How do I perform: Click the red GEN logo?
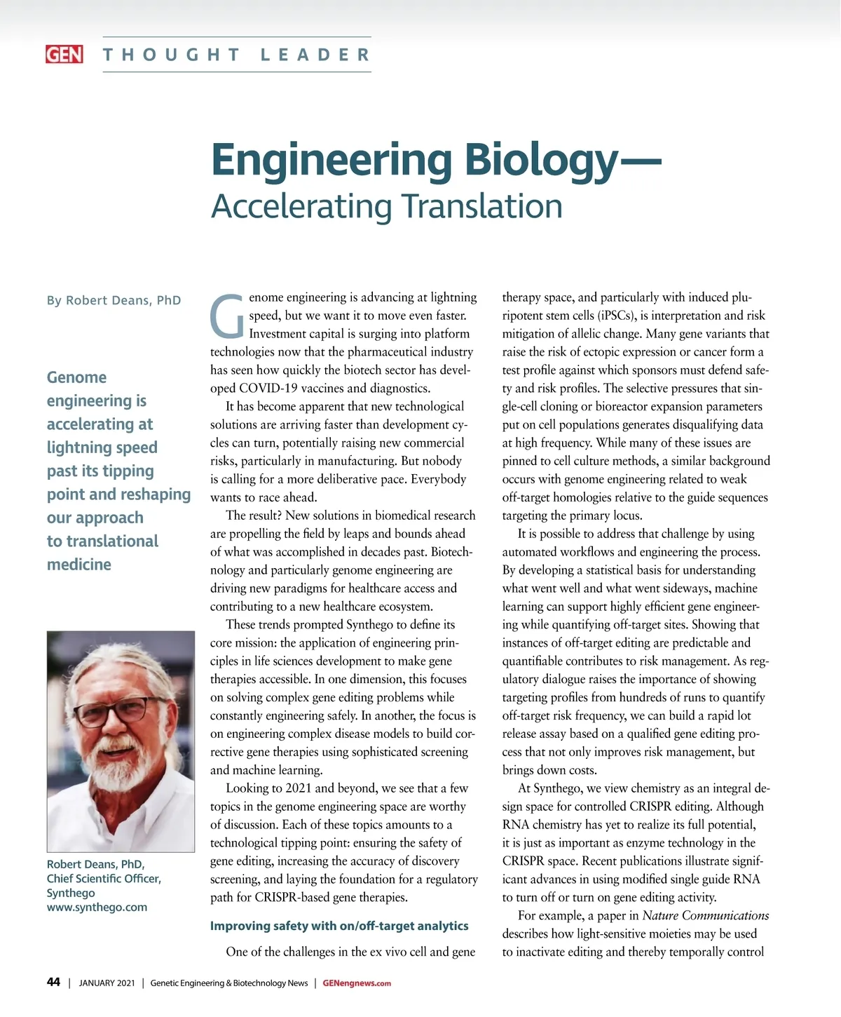tap(64, 55)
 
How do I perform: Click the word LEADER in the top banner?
tap(315, 55)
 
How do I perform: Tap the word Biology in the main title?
tap(540, 160)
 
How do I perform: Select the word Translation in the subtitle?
tap(481, 206)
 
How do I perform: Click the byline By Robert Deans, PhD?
tap(114, 300)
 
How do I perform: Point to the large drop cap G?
tap(227, 316)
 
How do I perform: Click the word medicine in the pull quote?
tap(79, 565)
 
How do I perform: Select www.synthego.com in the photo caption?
tap(97, 907)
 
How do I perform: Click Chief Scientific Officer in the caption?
tap(104, 878)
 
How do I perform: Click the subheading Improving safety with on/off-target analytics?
tap(339, 926)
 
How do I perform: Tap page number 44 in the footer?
tap(53, 982)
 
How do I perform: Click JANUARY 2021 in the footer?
tap(107, 983)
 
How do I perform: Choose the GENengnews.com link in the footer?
tap(357, 983)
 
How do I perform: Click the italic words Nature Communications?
tap(705, 915)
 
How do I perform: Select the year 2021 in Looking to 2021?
tap(297, 788)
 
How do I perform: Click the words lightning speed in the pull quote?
tap(102, 447)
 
